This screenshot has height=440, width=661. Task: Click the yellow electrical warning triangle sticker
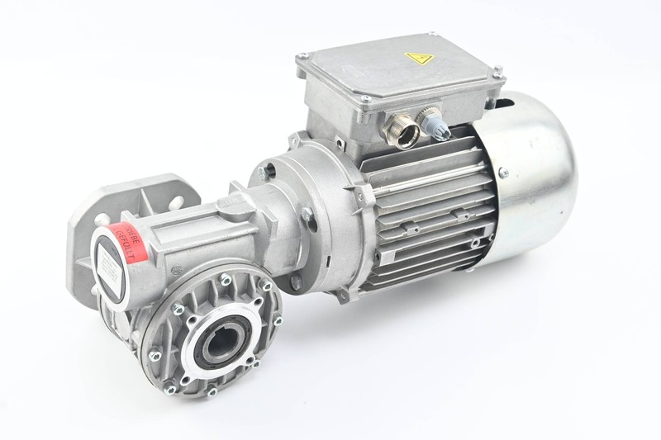click(419, 59)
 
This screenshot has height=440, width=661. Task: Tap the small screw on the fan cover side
click(502, 173)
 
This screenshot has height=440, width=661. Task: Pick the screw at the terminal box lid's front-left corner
click(363, 99)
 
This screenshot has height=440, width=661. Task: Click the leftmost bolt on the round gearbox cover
click(153, 354)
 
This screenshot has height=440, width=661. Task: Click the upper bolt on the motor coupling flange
click(266, 173)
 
